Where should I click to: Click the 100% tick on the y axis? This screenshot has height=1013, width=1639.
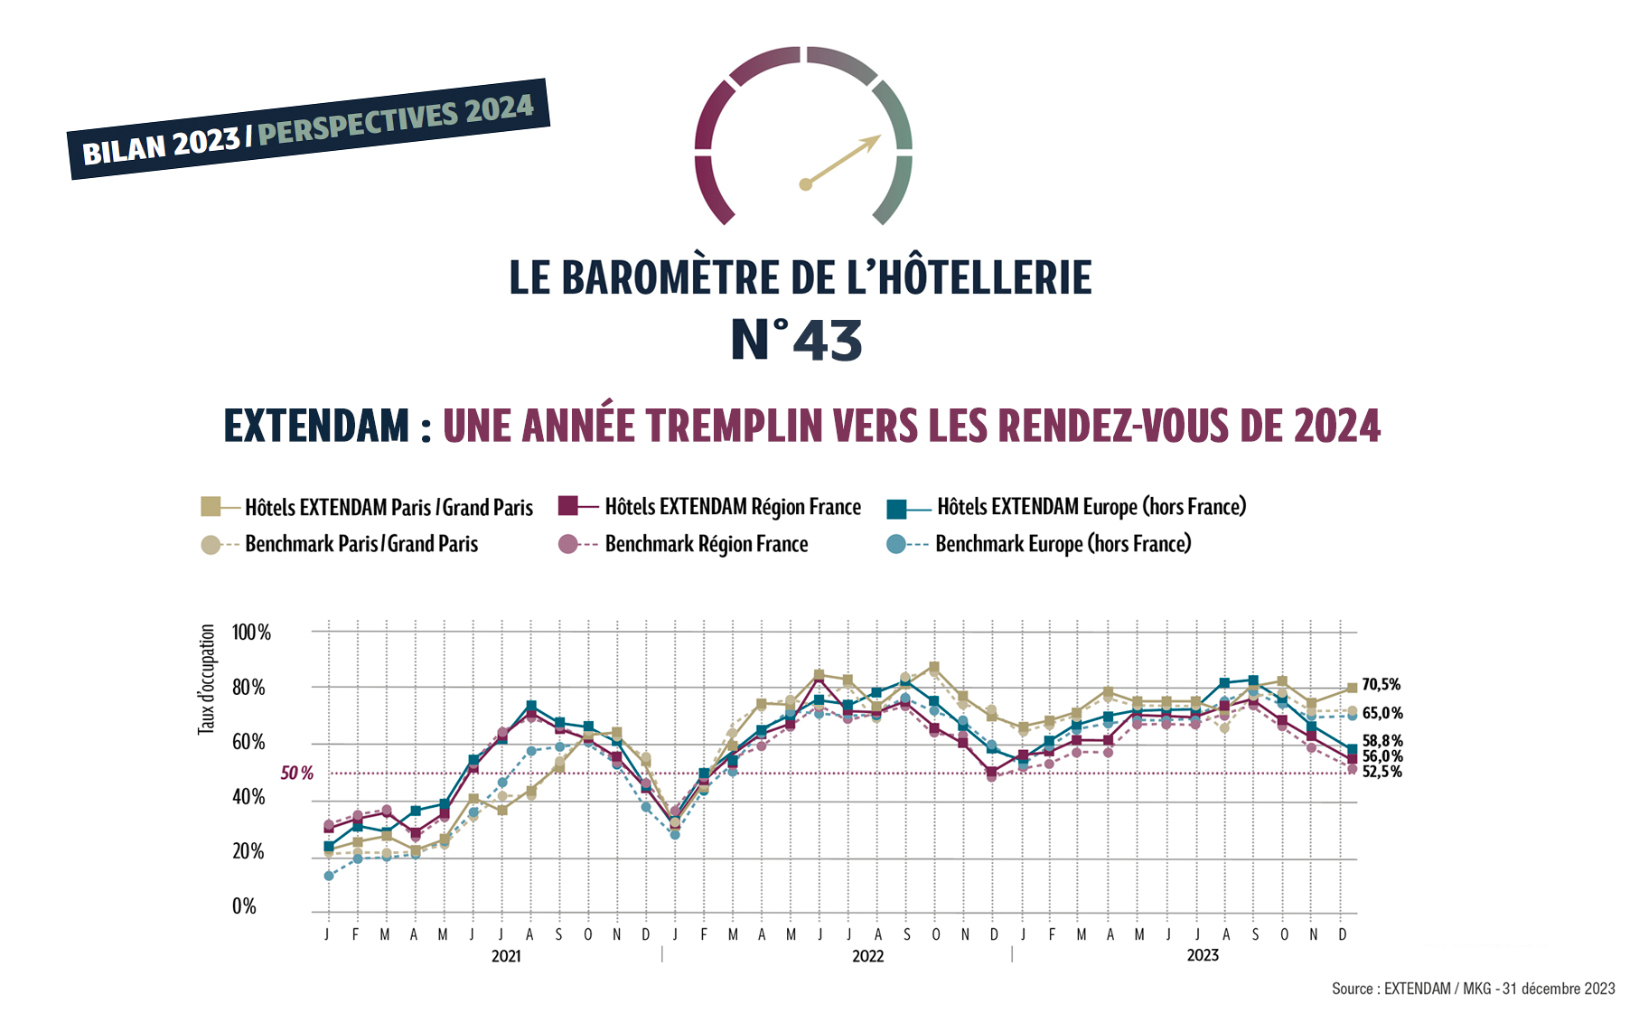pyautogui.click(x=251, y=633)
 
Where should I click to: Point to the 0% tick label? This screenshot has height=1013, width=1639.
pyautogui.click(x=244, y=906)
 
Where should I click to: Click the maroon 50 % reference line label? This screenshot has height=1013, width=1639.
pyautogui.click(x=296, y=774)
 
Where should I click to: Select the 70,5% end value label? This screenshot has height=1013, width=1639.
pyautogui.click(x=1381, y=685)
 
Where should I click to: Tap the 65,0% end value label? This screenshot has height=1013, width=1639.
pyautogui.click(x=1382, y=713)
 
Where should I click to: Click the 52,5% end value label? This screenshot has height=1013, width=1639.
pyautogui.click(x=1382, y=772)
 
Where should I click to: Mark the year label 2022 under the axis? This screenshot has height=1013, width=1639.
pyautogui.click(x=867, y=956)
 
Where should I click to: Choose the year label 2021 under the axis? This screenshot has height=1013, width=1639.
pyautogui.click(x=506, y=956)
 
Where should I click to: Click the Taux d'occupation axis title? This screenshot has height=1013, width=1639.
pyautogui.click(x=207, y=679)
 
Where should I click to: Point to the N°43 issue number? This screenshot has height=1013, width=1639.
pyautogui.click(x=796, y=341)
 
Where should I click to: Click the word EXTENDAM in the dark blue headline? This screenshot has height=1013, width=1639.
pyautogui.click(x=316, y=426)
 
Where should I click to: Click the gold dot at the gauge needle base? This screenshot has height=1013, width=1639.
pyautogui.click(x=806, y=184)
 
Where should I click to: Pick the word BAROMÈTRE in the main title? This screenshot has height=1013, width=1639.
pyautogui.click(x=665, y=277)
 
